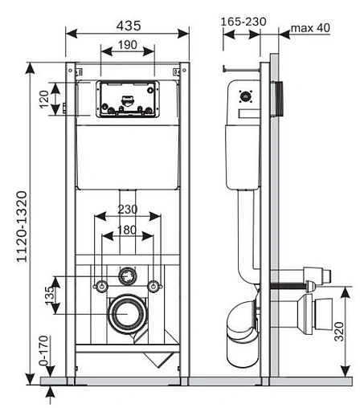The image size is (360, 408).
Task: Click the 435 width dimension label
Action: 129,26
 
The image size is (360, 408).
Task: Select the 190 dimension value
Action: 128,45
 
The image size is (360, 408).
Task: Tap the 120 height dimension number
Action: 44,100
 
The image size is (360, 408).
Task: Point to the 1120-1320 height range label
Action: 22,226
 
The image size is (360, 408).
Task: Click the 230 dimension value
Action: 128,210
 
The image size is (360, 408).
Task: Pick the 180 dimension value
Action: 127,230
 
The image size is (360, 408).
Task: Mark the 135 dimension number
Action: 50,296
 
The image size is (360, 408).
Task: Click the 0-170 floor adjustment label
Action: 43,350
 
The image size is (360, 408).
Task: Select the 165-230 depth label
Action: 243,22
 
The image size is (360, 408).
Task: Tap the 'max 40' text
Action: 310,28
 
